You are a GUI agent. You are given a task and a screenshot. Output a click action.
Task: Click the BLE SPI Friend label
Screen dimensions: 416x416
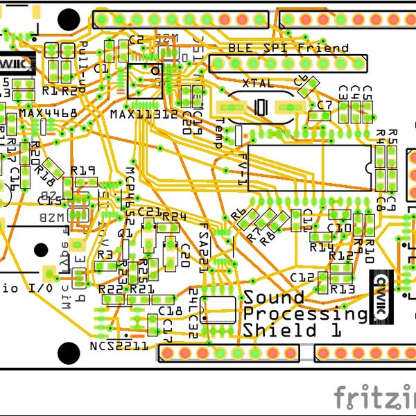tap(288, 48)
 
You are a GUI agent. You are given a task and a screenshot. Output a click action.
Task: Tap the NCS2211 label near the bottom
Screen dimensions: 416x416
tap(118, 346)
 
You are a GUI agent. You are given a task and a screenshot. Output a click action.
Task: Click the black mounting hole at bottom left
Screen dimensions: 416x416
tap(68, 352)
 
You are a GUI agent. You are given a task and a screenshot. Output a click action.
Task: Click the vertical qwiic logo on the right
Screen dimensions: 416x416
tap(383, 295)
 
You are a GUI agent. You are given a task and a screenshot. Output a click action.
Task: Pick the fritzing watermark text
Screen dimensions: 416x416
tap(375, 398)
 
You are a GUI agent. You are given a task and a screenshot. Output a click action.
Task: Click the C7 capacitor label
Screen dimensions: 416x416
tap(324, 105)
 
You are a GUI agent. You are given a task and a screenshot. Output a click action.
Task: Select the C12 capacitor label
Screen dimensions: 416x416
tap(302, 277)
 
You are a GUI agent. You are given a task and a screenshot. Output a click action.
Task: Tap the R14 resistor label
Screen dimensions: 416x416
tap(322, 247)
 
